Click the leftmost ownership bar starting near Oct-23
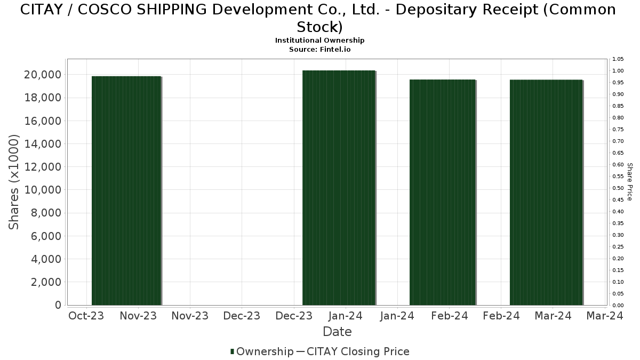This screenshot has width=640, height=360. tap(126, 190)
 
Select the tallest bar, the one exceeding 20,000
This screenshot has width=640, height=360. tap(339, 188)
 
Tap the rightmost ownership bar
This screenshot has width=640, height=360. tap(546, 192)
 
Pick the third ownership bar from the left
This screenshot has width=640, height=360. tap(442, 192)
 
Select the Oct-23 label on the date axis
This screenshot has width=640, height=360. tap(86, 316)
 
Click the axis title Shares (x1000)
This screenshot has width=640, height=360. tap(14, 182)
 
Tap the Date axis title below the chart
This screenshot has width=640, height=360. tap(337, 332)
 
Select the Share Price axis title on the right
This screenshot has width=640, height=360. tap(629, 182)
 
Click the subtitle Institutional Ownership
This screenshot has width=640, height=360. tap(319, 41)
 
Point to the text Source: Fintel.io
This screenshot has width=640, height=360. tap(319, 49)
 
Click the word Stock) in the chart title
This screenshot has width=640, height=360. tap(319, 26)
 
